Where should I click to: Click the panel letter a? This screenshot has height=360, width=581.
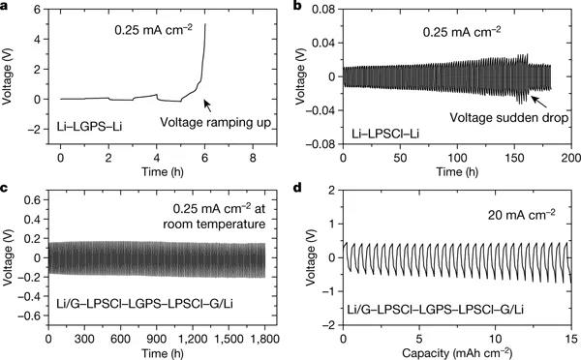click(x=6, y=8)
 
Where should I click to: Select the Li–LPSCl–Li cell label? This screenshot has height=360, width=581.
click(x=387, y=125)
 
